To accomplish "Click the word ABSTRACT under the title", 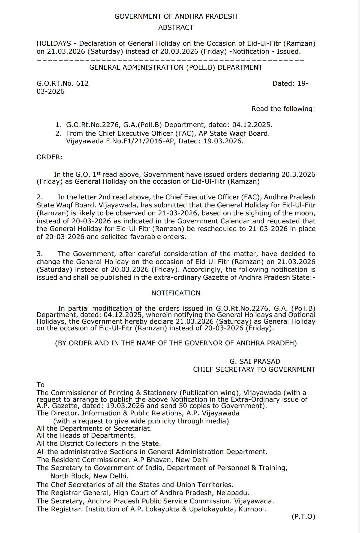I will (176, 27).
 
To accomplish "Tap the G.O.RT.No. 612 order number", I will (63, 83).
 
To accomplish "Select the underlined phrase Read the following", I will (282, 109).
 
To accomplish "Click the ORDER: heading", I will (50, 157).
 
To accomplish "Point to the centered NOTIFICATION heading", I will (176, 293).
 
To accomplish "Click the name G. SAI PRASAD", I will (255, 361).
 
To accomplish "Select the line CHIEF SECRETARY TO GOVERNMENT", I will (254, 369).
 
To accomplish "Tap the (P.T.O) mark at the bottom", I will (303, 517).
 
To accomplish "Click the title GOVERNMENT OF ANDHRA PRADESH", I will (176, 16).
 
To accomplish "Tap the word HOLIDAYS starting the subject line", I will (54, 43).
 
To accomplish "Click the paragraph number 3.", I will (40, 254).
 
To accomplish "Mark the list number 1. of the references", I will (58, 125).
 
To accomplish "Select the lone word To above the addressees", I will (41, 385).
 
